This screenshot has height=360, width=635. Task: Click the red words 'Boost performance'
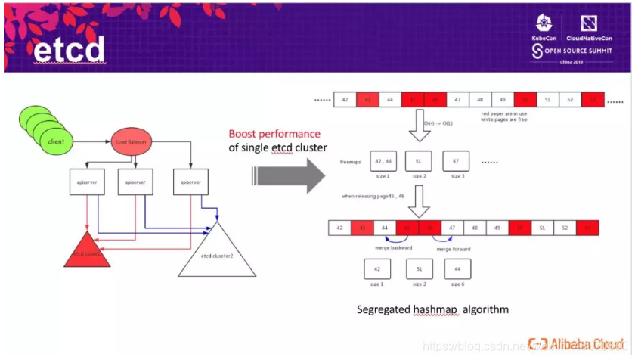274,134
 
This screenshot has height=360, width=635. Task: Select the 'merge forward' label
454,249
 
